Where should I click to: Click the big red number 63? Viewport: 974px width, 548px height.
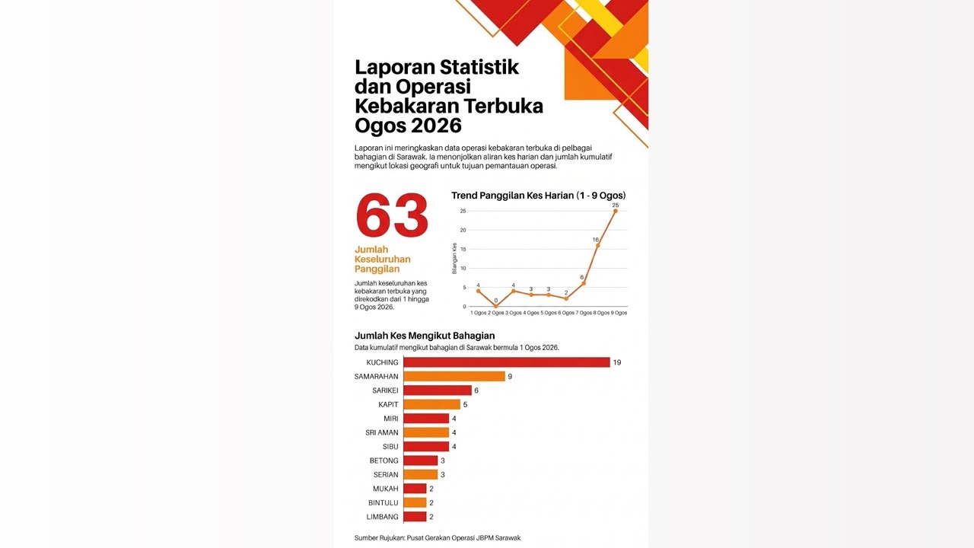[392, 215]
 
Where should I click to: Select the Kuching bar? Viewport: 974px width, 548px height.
[507, 362]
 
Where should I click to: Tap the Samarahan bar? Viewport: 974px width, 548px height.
[454, 376]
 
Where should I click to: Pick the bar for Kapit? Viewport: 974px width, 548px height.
[431, 404]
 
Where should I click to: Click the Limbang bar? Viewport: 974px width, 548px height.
[415, 517]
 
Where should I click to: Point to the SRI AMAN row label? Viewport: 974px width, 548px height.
[382, 432]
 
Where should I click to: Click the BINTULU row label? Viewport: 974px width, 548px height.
[383, 503]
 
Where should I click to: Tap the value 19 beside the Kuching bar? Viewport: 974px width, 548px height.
[617, 362]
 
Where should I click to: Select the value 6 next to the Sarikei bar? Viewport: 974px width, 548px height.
[476, 390]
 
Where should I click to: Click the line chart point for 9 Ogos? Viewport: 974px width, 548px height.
[616, 211]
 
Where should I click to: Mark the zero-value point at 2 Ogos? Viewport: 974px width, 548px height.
[495, 306]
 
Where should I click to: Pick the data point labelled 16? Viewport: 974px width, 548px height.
[598, 246]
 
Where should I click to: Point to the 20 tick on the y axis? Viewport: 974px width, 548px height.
[463, 230]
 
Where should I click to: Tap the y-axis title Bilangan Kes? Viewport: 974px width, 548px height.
[454, 258]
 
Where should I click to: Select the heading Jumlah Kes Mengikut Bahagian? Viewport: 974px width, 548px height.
[425, 336]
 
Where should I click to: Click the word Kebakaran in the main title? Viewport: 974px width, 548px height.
[407, 106]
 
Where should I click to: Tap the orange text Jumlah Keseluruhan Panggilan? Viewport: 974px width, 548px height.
[383, 260]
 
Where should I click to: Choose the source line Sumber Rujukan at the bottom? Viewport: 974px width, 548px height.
[438, 538]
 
